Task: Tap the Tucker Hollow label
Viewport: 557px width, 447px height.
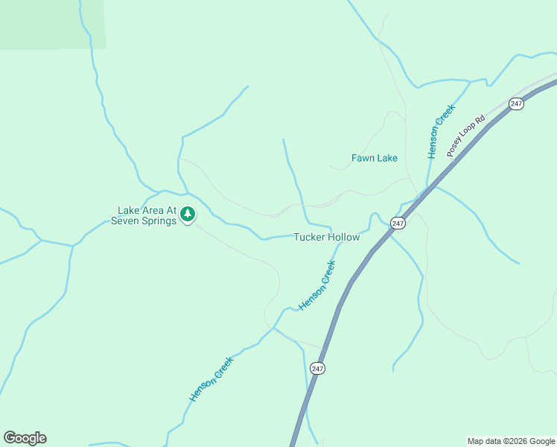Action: pyautogui.click(x=326, y=237)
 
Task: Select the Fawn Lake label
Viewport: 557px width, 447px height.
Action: pyautogui.click(x=374, y=158)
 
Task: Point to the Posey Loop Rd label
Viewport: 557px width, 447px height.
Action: pyautogui.click(x=465, y=135)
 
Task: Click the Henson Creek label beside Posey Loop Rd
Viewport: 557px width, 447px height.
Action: pyautogui.click(x=441, y=131)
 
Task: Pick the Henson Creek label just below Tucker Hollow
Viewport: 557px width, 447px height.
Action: pyautogui.click(x=317, y=285)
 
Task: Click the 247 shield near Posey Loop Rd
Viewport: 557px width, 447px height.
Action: pyautogui.click(x=517, y=104)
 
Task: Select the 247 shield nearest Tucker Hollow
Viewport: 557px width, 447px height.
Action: pyautogui.click(x=398, y=223)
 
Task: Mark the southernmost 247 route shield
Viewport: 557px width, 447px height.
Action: pyautogui.click(x=318, y=368)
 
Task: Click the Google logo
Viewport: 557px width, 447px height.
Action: pyautogui.click(x=25, y=438)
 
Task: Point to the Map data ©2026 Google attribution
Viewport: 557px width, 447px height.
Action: pyautogui.click(x=511, y=441)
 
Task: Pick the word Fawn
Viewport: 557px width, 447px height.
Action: pyautogui.click(x=362, y=158)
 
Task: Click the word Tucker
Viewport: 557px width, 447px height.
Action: pyautogui.click(x=308, y=237)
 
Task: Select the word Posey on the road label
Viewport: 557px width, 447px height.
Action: pyautogui.click(x=453, y=148)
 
